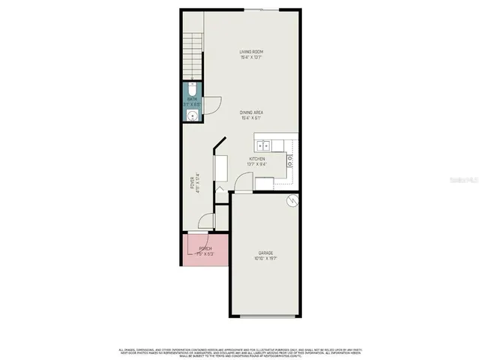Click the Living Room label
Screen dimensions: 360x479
tap(251, 52)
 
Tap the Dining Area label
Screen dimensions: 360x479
tap(251, 113)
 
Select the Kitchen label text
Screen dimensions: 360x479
tap(257, 159)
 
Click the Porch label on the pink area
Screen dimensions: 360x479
tap(205, 248)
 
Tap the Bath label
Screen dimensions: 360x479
tap(192, 98)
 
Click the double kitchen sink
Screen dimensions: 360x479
tap(263, 145)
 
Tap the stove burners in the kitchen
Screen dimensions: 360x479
tap(289, 158)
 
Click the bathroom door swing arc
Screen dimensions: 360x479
tap(212, 103)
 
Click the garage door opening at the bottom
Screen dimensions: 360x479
tap(266, 316)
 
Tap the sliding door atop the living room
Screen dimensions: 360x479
tap(262, 10)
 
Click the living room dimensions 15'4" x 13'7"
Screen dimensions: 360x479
tap(251, 57)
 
